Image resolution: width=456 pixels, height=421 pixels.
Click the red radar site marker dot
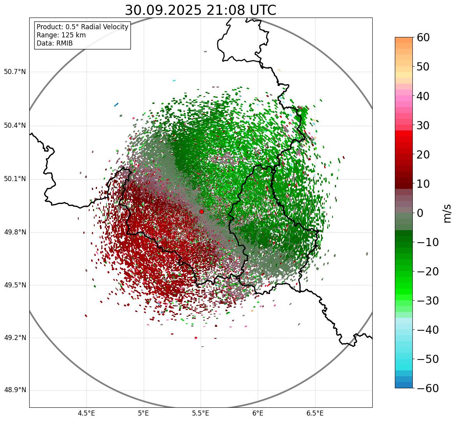201,211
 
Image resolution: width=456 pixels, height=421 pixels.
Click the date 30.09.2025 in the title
163,10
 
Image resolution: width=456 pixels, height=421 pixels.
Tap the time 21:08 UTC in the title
240,10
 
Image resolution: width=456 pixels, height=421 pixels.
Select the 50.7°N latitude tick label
15,72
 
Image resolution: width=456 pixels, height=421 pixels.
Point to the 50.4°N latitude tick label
15,126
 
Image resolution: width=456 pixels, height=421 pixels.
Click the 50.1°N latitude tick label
15,179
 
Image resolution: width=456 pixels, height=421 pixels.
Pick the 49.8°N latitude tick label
15,233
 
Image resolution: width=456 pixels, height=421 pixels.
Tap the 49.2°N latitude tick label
15,338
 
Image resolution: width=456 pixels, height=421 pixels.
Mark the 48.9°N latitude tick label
15,390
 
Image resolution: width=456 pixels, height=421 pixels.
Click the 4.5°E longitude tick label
86,413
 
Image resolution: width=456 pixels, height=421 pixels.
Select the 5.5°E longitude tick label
201,413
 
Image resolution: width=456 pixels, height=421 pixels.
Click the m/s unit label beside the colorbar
448,213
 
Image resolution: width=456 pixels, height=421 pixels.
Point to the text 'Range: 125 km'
61,35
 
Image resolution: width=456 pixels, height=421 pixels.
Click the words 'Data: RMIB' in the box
55,43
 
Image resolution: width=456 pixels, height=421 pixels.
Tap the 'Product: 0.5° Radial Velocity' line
82,27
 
